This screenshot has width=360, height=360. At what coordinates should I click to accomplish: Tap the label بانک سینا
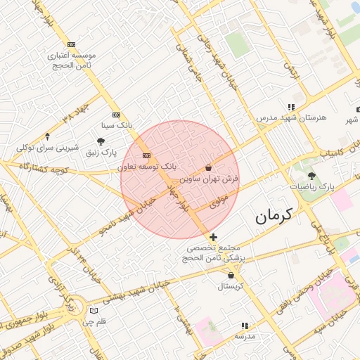coord(117,125)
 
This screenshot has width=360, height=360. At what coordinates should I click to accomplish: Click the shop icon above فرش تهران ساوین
coord(208,168)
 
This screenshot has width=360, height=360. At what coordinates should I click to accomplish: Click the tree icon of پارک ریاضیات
coord(311,176)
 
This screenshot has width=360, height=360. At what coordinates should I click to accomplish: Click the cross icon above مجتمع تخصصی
coord(214,238)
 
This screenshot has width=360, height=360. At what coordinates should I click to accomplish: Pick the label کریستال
coord(231,286)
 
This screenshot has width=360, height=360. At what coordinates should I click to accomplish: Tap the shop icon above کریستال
coord(231,276)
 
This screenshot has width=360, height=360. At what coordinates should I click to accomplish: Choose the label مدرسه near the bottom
coord(244,337)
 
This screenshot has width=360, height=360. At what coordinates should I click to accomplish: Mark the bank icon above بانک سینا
coord(116,115)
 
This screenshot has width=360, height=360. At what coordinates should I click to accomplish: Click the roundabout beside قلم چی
coord(94,309)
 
